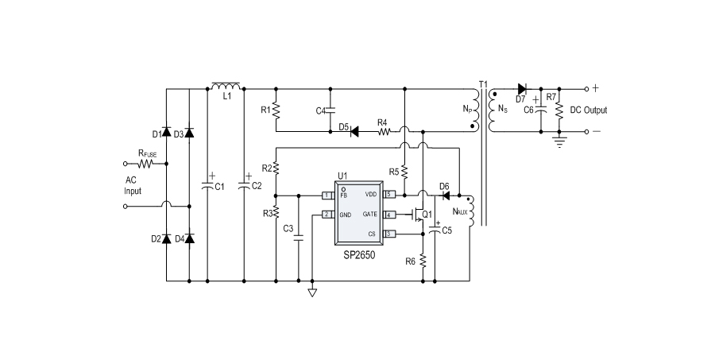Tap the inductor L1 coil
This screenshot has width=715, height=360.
click(x=226, y=86)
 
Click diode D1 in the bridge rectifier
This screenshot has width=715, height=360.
click(x=167, y=132)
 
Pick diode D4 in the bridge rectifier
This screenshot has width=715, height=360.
click(x=189, y=238)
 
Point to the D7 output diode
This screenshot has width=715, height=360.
click(x=521, y=88)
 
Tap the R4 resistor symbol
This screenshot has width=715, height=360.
click(x=384, y=130)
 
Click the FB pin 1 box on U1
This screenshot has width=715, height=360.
click(x=327, y=195)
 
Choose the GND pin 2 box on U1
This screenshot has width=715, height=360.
click(x=327, y=215)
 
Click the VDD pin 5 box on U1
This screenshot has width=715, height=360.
click(x=389, y=195)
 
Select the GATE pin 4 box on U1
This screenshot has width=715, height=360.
click(x=389, y=215)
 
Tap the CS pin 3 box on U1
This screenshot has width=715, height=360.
click(x=389, y=234)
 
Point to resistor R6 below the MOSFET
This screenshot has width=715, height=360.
click(x=423, y=261)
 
